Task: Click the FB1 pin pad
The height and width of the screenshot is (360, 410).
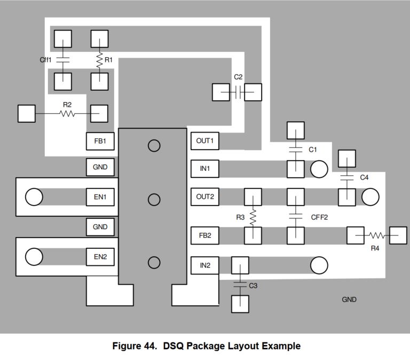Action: click(x=100, y=141)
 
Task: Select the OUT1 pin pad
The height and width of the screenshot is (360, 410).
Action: click(x=204, y=141)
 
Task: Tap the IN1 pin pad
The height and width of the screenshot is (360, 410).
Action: click(x=204, y=169)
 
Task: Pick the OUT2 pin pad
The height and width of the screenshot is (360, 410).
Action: click(x=204, y=197)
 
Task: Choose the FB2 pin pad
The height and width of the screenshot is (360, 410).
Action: click(x=204, y=235)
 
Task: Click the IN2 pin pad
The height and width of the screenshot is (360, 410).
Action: click(x=204, y=265)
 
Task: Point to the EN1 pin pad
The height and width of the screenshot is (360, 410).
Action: click(x=100, y=197)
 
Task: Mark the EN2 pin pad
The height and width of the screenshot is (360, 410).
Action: click(x=100, y=257)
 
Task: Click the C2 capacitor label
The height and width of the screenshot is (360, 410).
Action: click(x=238, y=77)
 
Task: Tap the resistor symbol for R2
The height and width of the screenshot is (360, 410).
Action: click(x=67, y=114)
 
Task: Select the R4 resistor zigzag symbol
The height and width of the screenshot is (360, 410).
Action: click(x=377, y=236)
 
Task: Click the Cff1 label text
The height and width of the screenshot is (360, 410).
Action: click(x=46, y=60)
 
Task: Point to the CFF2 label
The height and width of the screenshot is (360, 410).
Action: click(x=319, y=217)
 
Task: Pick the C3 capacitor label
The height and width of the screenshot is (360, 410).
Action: click(x=253, y=286)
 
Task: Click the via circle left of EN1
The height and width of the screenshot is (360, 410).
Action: click(x=34, y=197)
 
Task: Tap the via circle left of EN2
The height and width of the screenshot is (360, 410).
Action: click(x=34, y=257)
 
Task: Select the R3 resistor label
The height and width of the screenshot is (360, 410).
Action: click(x=240, y=217)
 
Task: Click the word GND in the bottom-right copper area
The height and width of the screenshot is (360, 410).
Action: click(x=349, y=300)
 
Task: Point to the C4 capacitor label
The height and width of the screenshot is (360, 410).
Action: click(x=364, y=177)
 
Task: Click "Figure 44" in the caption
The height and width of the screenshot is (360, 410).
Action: click(x=134, y=346)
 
